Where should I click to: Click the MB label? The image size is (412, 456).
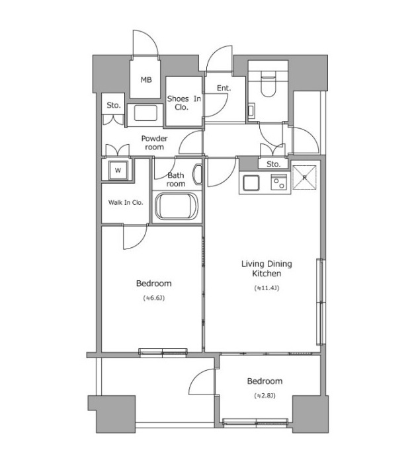pyautogui.click(x=146, y=80)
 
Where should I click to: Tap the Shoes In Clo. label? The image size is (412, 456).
pyautogui.click(x=184, y=103)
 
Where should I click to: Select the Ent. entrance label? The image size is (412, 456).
pyautogui.click(x=224, y=88)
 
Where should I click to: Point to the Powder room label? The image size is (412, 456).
pyautogui.click(x=154, y=143)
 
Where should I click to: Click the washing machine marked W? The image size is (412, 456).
pyautogui.click(x=118, y=170)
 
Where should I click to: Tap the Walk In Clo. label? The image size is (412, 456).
pyautogui.click(x=126, y=202)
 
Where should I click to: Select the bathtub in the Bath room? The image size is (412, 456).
pyautogui.click(x=177, y=206)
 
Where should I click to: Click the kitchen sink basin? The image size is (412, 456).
pyautogui.click(x=251, y=183)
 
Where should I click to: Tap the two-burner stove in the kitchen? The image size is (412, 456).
pyautogui.click(x=278, y=182)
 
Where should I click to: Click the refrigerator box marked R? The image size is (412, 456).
pyautogui.click(x=304, y=177)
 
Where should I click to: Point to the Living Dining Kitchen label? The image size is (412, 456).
pyautogui.click(x=267, y=268)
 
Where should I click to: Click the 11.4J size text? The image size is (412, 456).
pyautogui.click(x=267, y=288)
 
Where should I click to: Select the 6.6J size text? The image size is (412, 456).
pyautogui.click(x=154, y=298)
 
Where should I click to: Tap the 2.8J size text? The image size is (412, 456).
pyautogui.click(x=265, y=395)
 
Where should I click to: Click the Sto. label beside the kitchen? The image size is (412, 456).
pyautogui.click(x=273, y=165)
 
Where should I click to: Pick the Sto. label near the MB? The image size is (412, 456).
pyautogui.click(x=114, y=105)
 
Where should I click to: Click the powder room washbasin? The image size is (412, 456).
pyautogui.click(x=145, y=113)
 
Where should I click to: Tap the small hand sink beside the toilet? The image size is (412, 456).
pyautogui.click(x=251, y=110)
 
